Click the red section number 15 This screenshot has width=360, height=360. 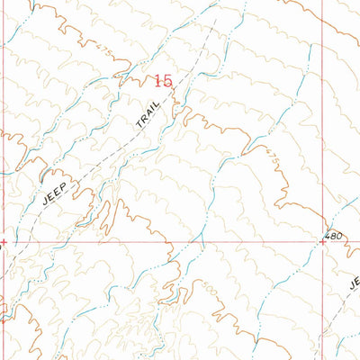click(163, 81)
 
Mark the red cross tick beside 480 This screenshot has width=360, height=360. click(323, 241)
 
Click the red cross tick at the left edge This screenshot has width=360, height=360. click(3, 241)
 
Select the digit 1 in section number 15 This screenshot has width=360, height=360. click(158, 81)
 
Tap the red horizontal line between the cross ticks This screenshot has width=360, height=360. click(162, 241)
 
